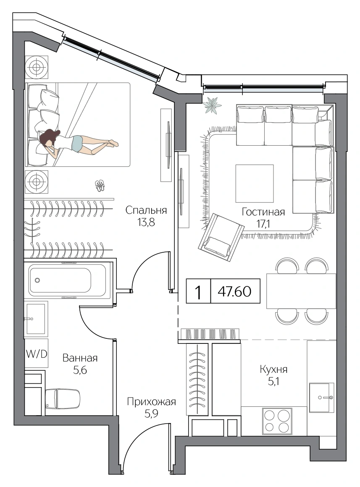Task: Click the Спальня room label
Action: (146, 211)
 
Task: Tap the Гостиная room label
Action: (263, 212)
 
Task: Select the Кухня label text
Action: (273, 369)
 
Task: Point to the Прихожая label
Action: (151, 402)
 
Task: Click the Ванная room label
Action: (80, 358)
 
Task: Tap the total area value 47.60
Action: (235, 291)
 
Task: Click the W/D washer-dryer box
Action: (37, 353)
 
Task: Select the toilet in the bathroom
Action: (63, 398)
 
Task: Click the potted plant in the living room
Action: (212, 105)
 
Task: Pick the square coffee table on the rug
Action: (255, 183)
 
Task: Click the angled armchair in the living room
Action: (221, 235)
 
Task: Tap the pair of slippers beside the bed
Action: (100, 186)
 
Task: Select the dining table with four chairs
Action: (301, 291)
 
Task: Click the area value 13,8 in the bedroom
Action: (146, 223)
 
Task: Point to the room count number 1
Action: (198, 292)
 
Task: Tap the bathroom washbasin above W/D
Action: (36, 319)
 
